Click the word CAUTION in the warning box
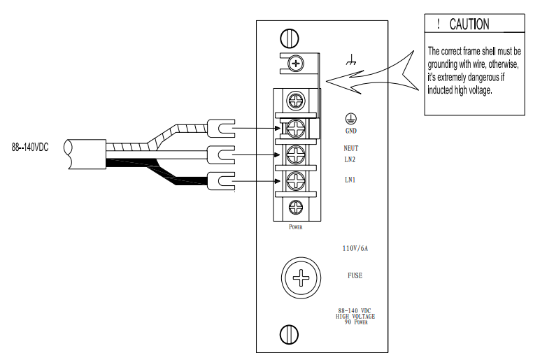point(469,24)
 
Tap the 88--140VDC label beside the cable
point(31,148)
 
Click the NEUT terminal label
point(350,148)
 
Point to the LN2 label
point(350,159)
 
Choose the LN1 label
point(350,180)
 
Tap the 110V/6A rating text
point(355,248)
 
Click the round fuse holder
point(301,279)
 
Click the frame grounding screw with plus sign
point(297,64)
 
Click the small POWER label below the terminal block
point(295,227)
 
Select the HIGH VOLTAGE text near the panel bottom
point(355,317)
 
